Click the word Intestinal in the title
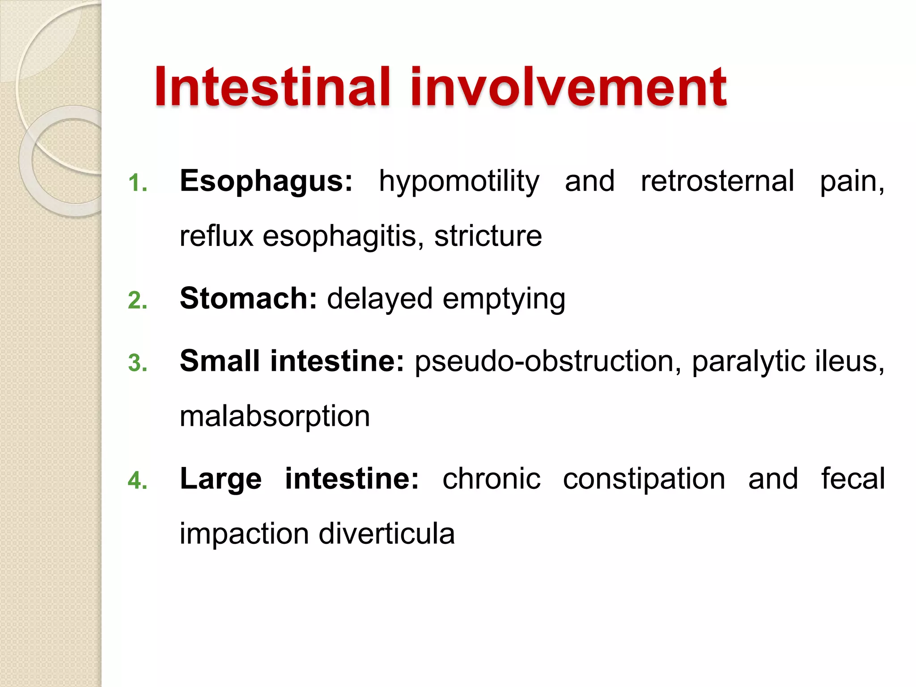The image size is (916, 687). tap(272, 87)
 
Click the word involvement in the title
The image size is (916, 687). tap(568, 87)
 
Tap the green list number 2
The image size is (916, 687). tap(137, 300)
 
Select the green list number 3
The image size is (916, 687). tap(137, 363)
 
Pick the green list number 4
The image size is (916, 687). tap(137, 481)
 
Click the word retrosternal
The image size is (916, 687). tap(717, 181)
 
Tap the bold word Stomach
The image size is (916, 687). tap(248, 298)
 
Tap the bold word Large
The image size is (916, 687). tap(221, 479)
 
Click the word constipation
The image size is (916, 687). tap(644, 479)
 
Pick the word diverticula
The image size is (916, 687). tap(386, 534)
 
